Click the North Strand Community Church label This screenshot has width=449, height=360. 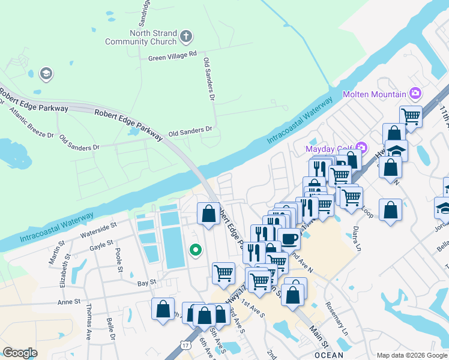(141, 37)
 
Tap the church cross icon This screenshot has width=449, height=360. (186, 37)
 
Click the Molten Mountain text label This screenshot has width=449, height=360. (374, 95)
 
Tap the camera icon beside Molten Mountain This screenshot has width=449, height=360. (415, 94)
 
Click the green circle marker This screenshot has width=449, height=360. (194, 250)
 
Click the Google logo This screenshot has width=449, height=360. (20, 353)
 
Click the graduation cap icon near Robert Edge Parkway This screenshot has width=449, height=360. (45, 74)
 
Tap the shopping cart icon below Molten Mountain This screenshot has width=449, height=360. (411, 115)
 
